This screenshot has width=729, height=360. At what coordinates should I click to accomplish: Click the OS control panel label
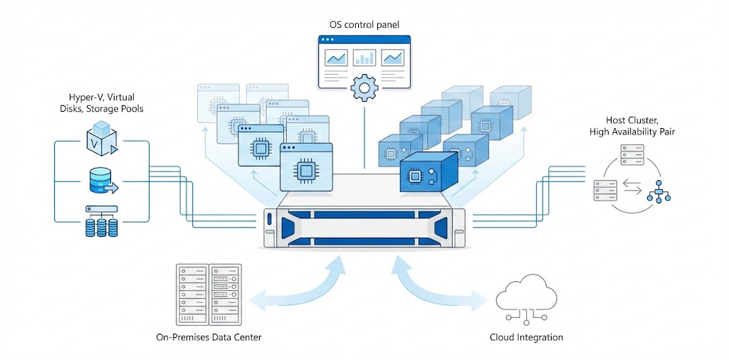tap(364, 25)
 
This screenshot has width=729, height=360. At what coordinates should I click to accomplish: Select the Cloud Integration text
tap(526, 337)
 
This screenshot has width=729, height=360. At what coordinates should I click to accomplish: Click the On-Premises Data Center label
tap(208, 337)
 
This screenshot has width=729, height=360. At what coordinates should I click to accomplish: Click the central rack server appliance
tap(364, 226)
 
